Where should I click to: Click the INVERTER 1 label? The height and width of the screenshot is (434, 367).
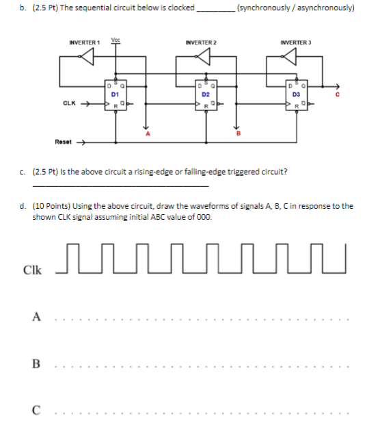[85, 43]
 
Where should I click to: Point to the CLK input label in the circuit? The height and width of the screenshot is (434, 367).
[69, 104]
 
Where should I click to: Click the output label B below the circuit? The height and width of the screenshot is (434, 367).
[239, 135]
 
